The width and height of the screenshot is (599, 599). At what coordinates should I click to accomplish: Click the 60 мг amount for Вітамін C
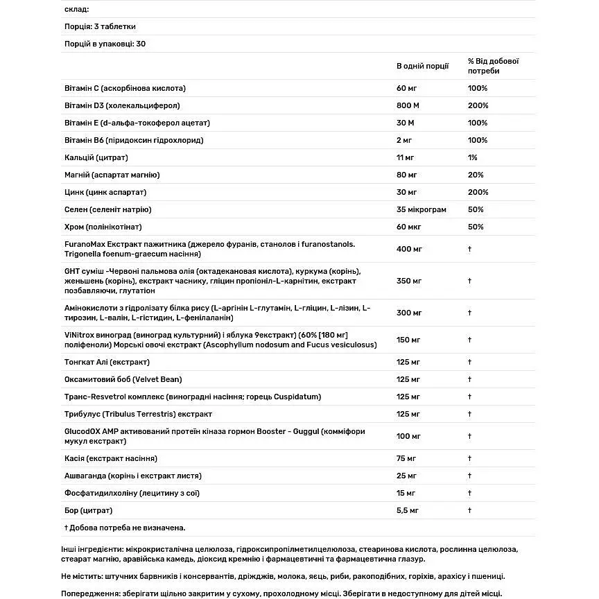[x=406, y=88]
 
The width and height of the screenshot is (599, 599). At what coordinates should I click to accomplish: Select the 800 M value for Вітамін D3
[x=406, y=105]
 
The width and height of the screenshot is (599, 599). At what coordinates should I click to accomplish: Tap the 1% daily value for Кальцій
[x=473, y=157]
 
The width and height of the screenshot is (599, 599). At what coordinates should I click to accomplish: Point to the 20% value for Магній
[x=476, y=175]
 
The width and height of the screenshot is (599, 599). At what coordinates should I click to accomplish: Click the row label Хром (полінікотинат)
[x=103, y=227]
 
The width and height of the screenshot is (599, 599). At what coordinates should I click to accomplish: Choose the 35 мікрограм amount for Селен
[x=422, y=209]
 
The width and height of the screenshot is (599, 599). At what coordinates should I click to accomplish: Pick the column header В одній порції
[x=422, y=66]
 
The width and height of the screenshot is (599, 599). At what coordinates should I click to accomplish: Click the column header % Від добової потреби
[x=493, y=66]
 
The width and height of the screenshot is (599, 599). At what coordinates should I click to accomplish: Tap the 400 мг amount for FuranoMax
[x=409, y=249]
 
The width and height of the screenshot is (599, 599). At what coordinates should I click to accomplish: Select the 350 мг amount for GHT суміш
[x=409, y=281]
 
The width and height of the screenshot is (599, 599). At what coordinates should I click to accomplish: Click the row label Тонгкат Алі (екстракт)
[x=107, y=362]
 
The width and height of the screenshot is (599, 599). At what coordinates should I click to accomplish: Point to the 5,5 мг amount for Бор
[x=408, y=510]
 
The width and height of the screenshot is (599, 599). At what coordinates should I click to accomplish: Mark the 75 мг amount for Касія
[x=406, y=458]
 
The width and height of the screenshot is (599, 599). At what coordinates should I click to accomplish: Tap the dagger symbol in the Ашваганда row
[x=469, y=476]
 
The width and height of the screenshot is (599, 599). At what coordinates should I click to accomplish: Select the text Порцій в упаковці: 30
[x=104, y=44]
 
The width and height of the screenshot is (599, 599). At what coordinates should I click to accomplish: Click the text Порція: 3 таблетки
[x=99, y=26]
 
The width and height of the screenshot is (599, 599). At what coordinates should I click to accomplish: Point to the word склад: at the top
[x=76, y=9]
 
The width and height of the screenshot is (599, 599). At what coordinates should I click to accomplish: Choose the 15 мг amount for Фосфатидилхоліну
[x=406, y=493]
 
